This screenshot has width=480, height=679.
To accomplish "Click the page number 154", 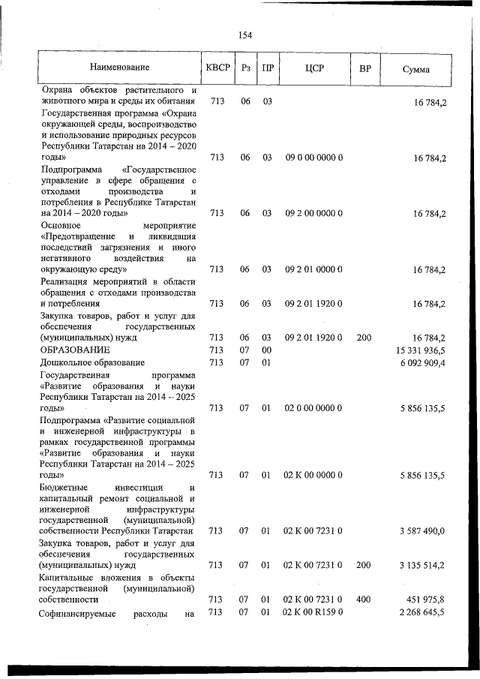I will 245,35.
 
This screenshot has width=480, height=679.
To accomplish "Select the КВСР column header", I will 217,69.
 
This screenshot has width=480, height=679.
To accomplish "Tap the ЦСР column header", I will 313,69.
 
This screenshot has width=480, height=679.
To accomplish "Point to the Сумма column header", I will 415,69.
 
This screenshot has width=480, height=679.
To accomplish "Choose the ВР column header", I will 364,69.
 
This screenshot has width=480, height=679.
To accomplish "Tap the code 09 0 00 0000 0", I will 313,158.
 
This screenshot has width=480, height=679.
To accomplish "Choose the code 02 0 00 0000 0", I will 313,407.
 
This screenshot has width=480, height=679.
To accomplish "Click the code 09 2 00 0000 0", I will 313,213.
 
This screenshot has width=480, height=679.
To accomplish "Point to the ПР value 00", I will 266,350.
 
